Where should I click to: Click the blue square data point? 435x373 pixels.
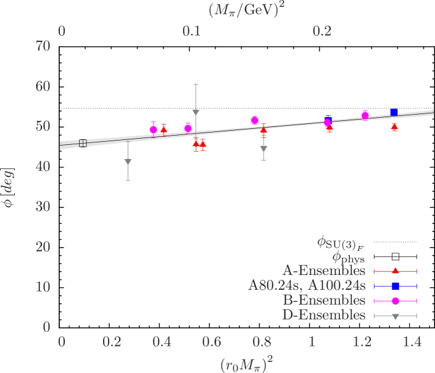394,112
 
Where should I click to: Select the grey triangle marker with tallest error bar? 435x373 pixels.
196,112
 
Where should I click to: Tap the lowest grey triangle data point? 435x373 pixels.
128,162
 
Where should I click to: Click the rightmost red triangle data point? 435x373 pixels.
394,128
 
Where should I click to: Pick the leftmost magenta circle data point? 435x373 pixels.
154,129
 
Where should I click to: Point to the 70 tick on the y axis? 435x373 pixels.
61,45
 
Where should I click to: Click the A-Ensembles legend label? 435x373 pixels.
323,271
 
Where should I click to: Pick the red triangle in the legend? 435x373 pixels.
396,271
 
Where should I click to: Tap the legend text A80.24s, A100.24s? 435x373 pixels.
307,285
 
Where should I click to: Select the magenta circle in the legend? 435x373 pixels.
396,300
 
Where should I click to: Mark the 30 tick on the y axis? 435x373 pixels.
61,207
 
